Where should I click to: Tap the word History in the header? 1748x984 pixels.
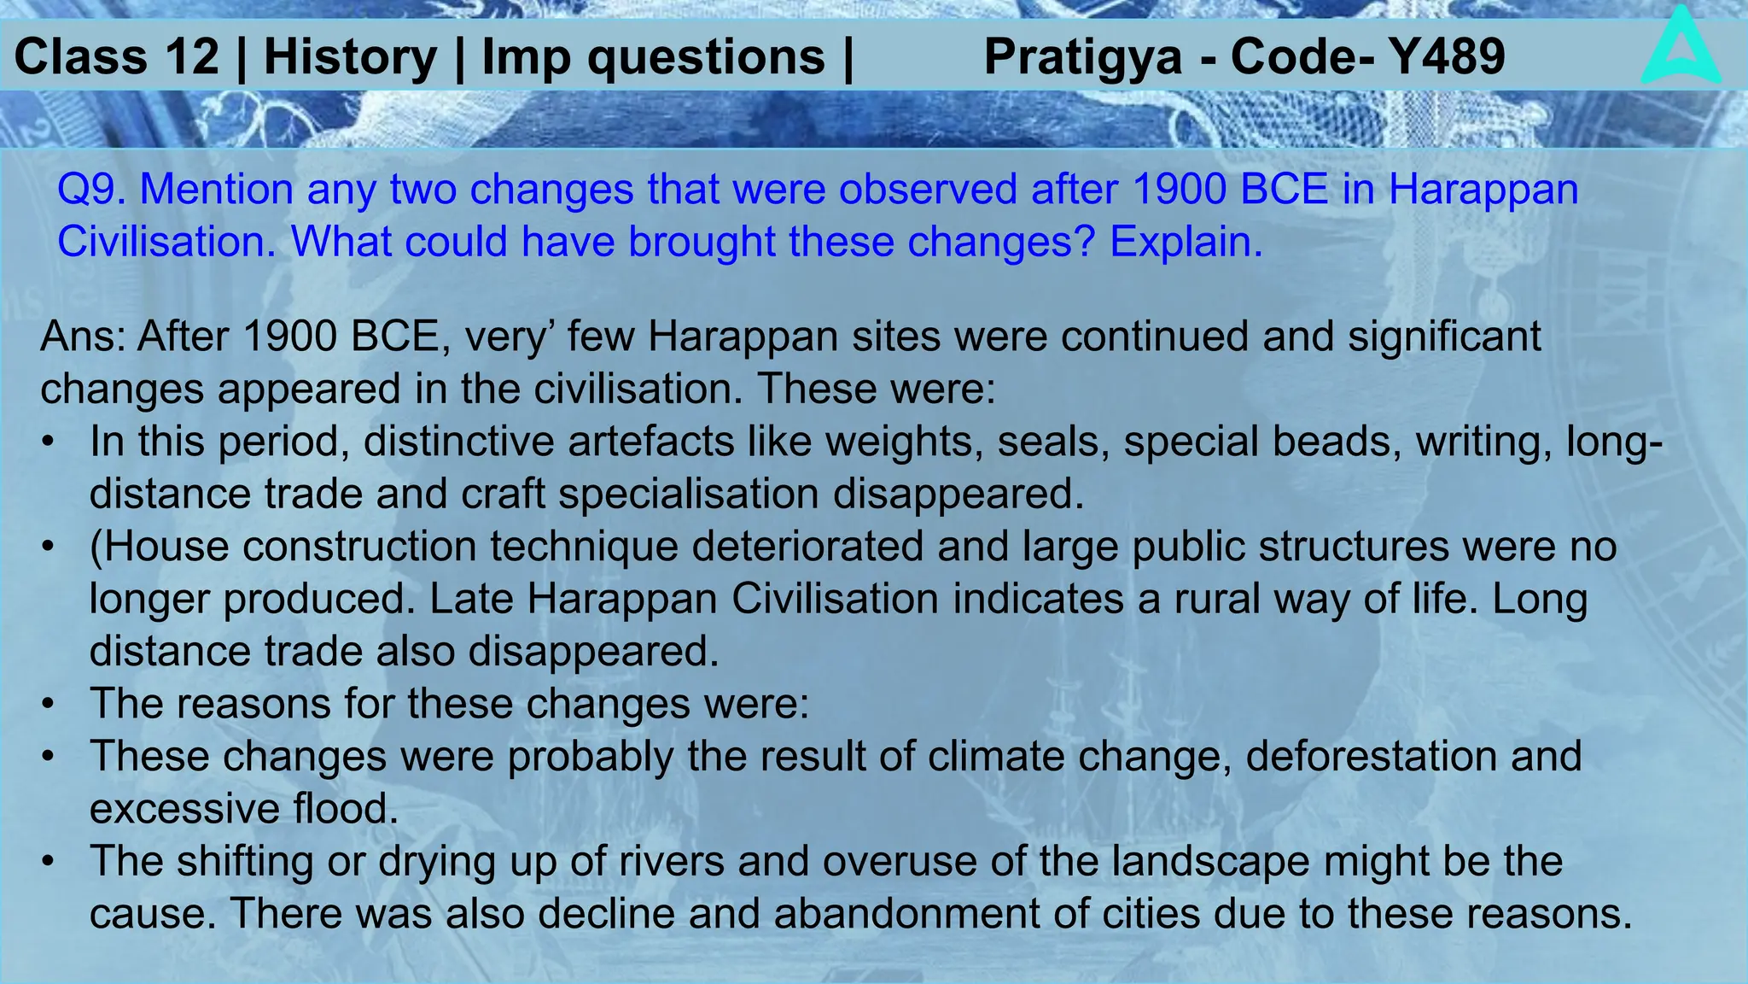click(x=350, y=57)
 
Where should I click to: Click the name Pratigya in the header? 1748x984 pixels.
click(x=1083, y=57)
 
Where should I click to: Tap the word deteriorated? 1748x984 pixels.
click(x=807, y=547)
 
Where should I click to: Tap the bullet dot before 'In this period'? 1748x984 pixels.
click(x=50, y=443)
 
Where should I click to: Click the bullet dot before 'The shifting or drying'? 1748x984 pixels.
click(x=50, y=862)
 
